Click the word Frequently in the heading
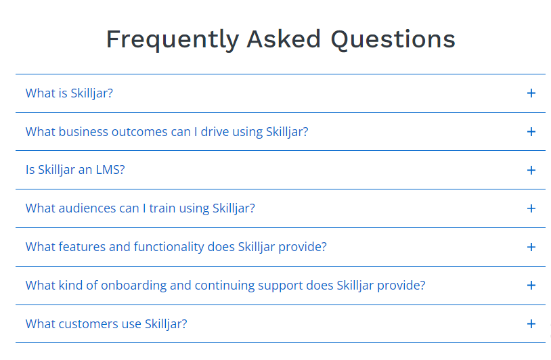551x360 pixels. [x=173, y=40]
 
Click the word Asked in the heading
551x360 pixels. [x=284, y=39]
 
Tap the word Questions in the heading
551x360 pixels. [x=393, y=39]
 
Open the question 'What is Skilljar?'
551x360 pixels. [x=69, y=93]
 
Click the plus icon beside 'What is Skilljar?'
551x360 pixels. [x=531, y=93]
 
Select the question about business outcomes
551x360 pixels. [x=167, y=132]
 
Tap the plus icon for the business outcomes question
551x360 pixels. [x=531, y=132]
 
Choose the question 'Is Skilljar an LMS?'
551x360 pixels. [x=75, y=170]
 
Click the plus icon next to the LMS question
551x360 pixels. [x=531, y=171]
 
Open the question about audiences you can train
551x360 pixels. [x=140, y=208]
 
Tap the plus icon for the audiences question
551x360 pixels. [x=531, y=208]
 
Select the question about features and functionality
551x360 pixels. [x=176, y=247]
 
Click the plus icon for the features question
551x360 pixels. [x=531, y=247]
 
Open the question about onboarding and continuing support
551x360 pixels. [x=225, y=286]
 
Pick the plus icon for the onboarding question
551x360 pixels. [x=531, y=285]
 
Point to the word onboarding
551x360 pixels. [x=133, y=286]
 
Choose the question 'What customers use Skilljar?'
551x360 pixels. [x=106, y=324]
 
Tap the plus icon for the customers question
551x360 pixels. [x=531, y=324]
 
